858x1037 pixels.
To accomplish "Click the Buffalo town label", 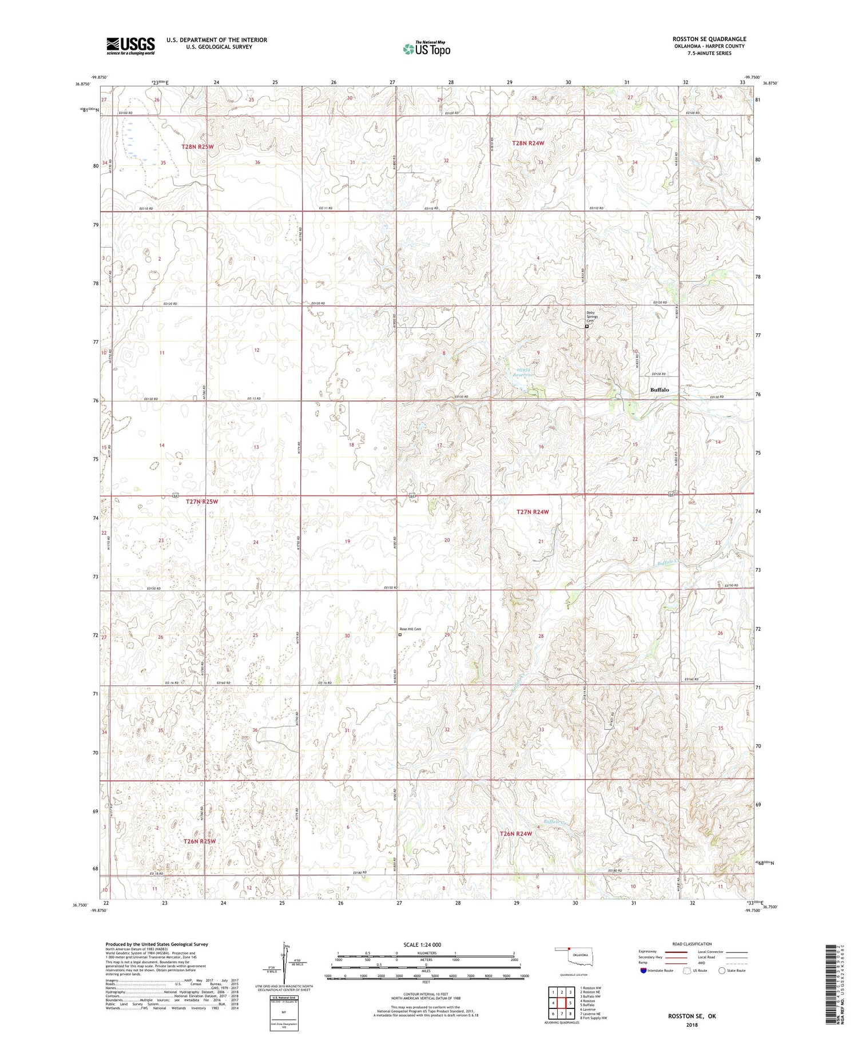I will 659,390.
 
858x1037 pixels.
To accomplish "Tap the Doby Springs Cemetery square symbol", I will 587,327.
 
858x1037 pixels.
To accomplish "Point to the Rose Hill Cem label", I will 410,629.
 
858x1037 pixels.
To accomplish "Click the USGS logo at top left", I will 130,46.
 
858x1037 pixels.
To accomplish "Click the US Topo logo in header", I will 427,49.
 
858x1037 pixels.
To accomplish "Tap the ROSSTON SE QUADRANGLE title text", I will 709,39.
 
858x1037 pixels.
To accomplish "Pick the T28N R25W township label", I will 197,146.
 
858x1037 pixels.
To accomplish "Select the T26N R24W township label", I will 516,833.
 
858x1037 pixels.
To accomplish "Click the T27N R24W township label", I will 533,512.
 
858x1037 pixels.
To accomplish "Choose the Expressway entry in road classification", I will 650,952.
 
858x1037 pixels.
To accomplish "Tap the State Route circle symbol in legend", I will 722,970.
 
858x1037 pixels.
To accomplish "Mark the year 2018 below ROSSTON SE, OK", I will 692,1024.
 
